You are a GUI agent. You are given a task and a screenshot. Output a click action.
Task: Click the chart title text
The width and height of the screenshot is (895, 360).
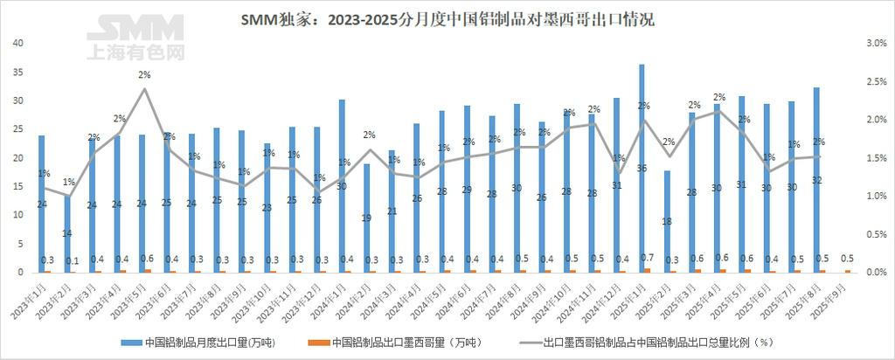point(447,19)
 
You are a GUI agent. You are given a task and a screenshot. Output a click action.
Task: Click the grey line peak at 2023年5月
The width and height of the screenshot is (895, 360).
point(144,89)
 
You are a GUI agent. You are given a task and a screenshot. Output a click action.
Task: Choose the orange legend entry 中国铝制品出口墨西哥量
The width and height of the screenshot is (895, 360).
point(411,342)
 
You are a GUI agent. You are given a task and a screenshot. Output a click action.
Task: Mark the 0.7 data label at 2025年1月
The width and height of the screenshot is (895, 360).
point(646,259)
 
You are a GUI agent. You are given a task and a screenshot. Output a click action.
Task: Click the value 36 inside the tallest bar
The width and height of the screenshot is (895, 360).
point(642,168)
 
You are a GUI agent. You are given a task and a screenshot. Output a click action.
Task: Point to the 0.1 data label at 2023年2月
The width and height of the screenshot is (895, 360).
point(72,260)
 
